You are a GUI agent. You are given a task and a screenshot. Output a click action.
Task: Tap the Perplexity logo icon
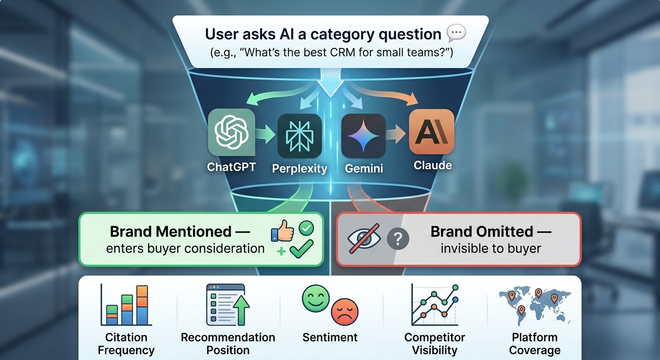300,136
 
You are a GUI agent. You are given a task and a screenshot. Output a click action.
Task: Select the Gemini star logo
363,136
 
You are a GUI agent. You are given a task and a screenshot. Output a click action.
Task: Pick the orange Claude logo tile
432,132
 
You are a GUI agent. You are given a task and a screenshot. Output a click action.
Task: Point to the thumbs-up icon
282,232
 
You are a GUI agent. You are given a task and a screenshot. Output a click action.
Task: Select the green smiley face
316,299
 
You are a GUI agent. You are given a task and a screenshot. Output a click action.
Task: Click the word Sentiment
330,337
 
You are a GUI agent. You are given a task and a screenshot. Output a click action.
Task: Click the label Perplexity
300,169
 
